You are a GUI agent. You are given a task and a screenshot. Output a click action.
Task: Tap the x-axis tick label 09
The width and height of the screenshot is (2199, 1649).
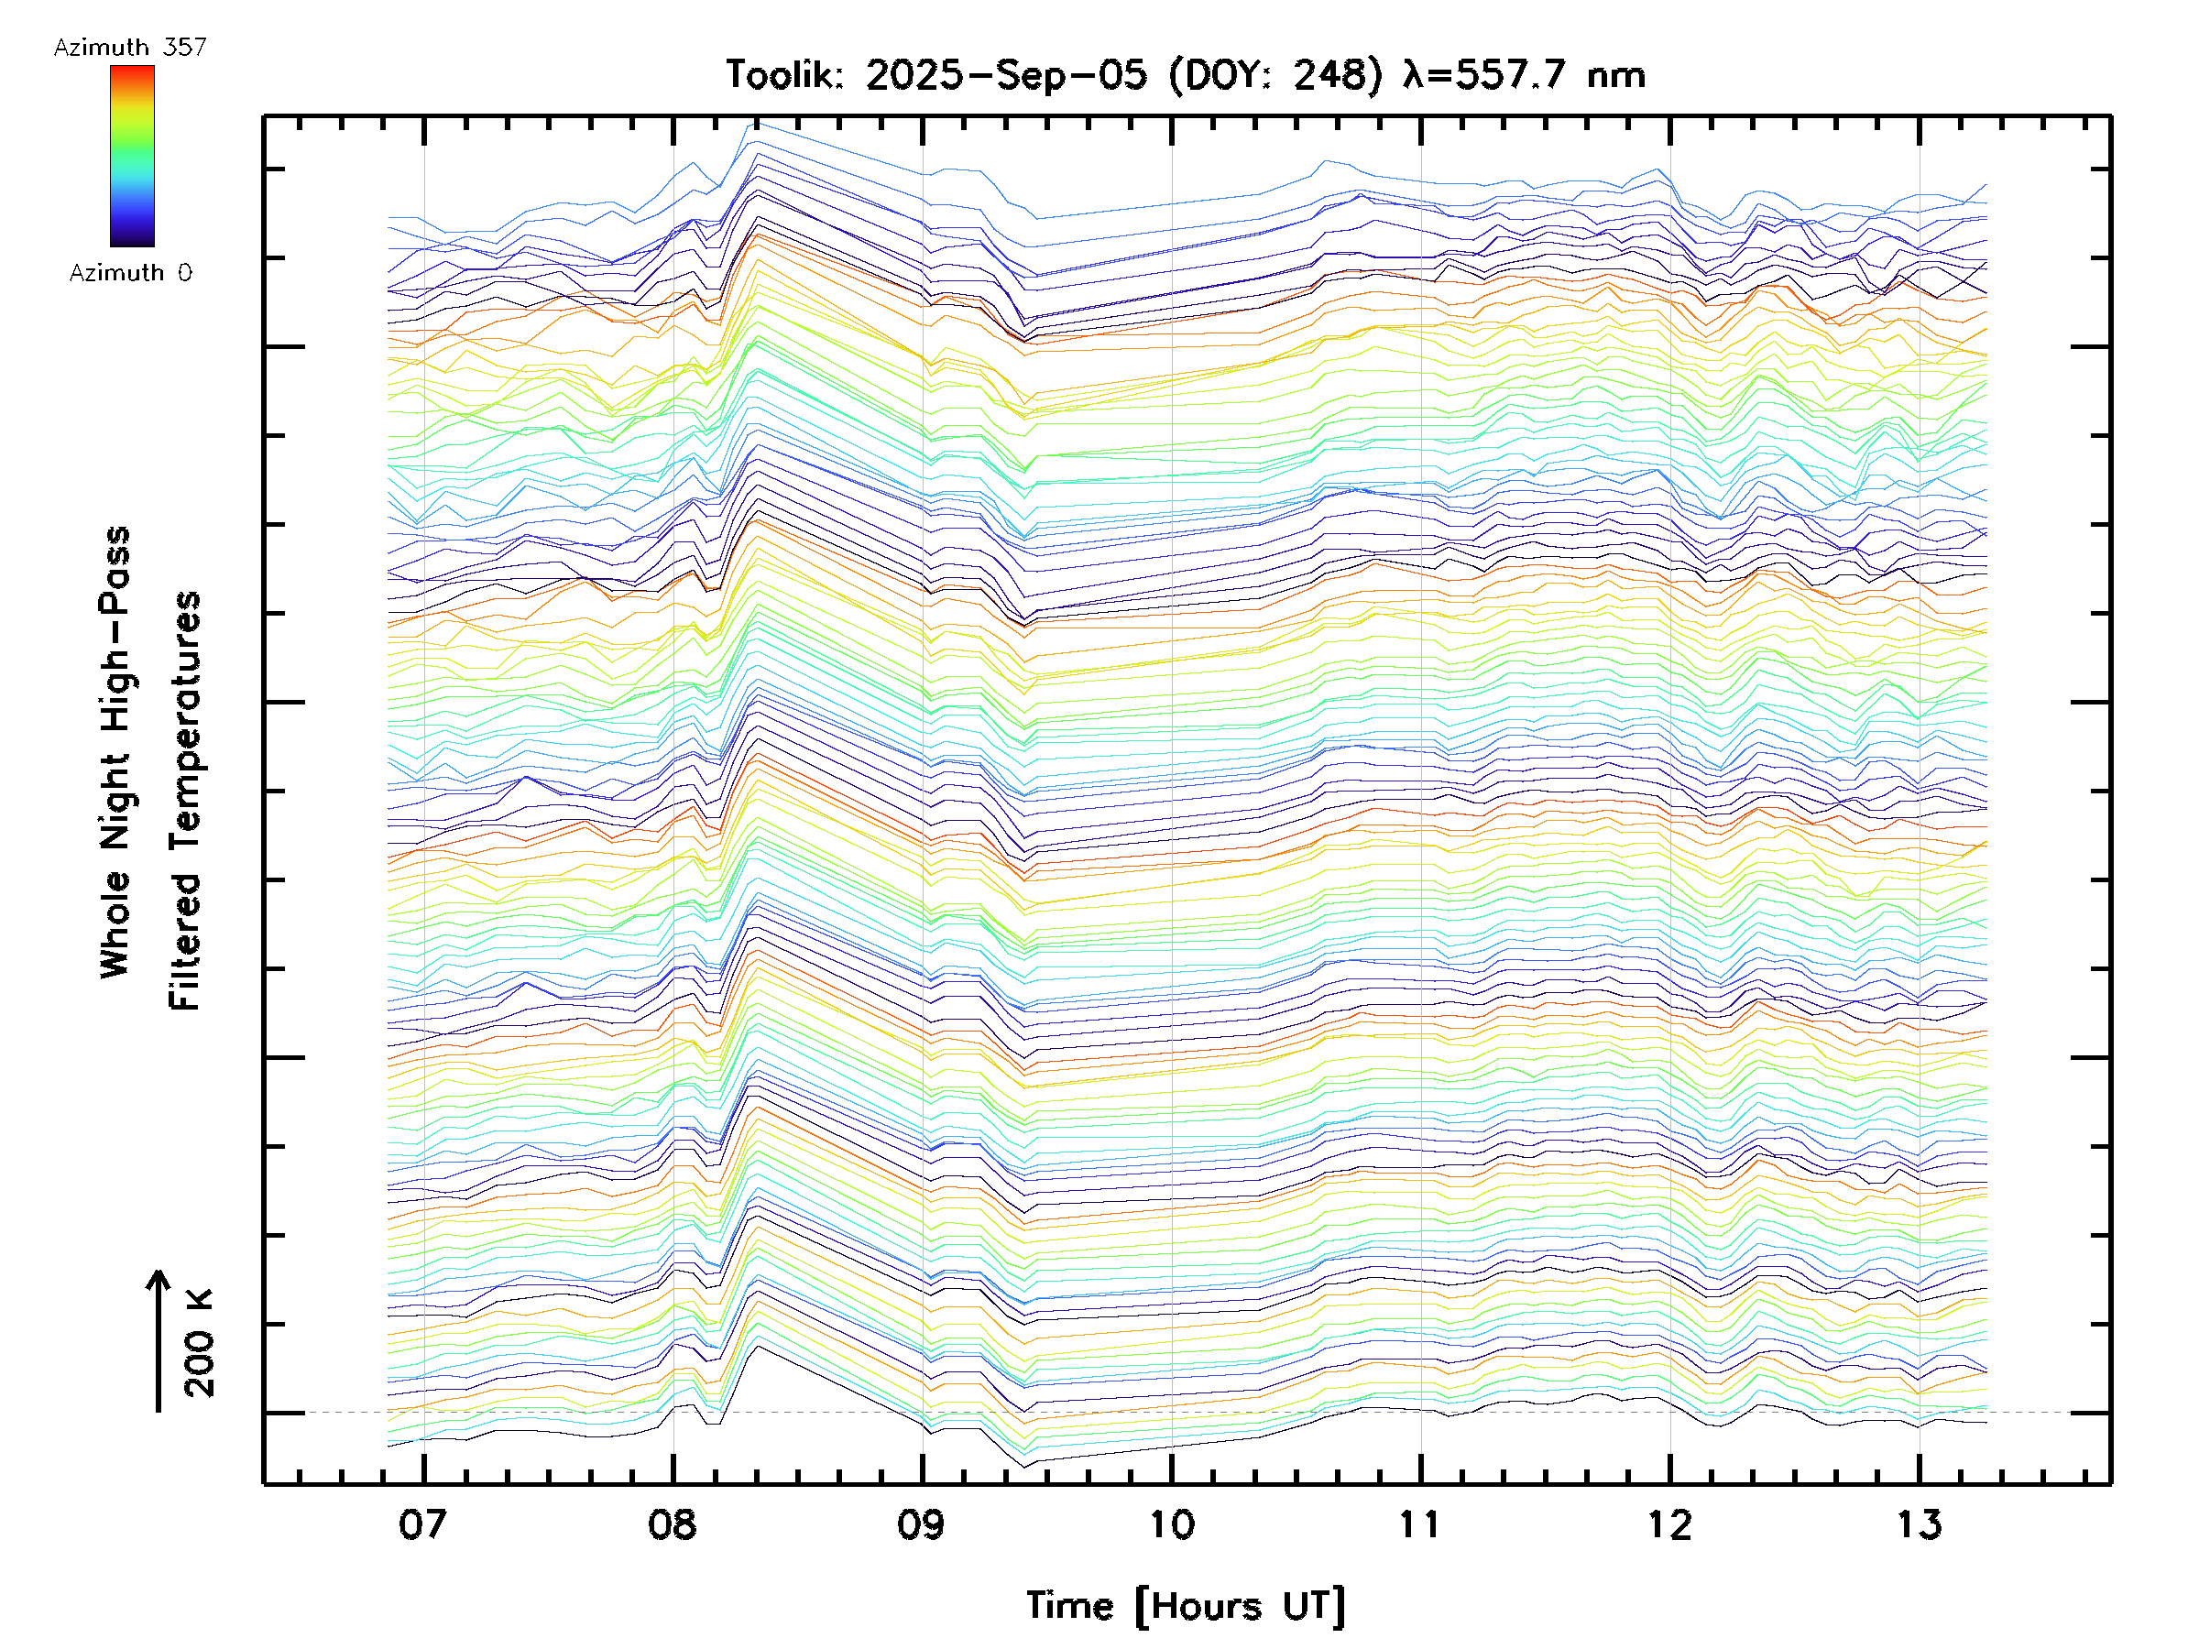[x=922, y=1523]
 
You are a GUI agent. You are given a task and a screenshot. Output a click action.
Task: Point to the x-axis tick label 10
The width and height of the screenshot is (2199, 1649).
[x=1171, y=1523]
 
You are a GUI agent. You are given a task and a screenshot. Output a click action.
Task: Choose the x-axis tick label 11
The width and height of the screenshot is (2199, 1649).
[x=1419, y=1523]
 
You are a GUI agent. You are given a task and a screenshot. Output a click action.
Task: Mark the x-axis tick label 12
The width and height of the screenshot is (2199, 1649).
[x=1669, y=1523]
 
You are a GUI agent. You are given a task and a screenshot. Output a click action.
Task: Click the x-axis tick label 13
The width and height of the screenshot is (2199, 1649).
[x=1919, y=1523]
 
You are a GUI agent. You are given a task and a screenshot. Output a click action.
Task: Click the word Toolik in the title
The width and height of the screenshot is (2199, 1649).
[x=784, y=74]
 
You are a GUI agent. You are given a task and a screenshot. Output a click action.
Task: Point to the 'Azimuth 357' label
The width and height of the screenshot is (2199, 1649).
[x=130, y=47]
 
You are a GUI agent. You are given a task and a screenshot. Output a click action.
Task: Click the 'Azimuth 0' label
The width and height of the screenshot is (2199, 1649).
[x=130, y=272]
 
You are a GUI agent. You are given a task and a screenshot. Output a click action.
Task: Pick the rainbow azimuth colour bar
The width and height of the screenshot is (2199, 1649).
[x=132, y=156]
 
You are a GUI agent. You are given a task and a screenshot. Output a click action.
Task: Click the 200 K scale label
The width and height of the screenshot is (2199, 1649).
[x=199, y=1343]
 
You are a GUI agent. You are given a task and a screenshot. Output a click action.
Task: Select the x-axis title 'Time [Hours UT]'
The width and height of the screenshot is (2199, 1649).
[x=1186, y=1606]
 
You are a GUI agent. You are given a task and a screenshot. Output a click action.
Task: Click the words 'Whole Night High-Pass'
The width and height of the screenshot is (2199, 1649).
[x=115, y=751]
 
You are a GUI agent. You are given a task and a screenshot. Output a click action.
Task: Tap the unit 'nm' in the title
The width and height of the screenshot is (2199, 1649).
[x=1616, y=74]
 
